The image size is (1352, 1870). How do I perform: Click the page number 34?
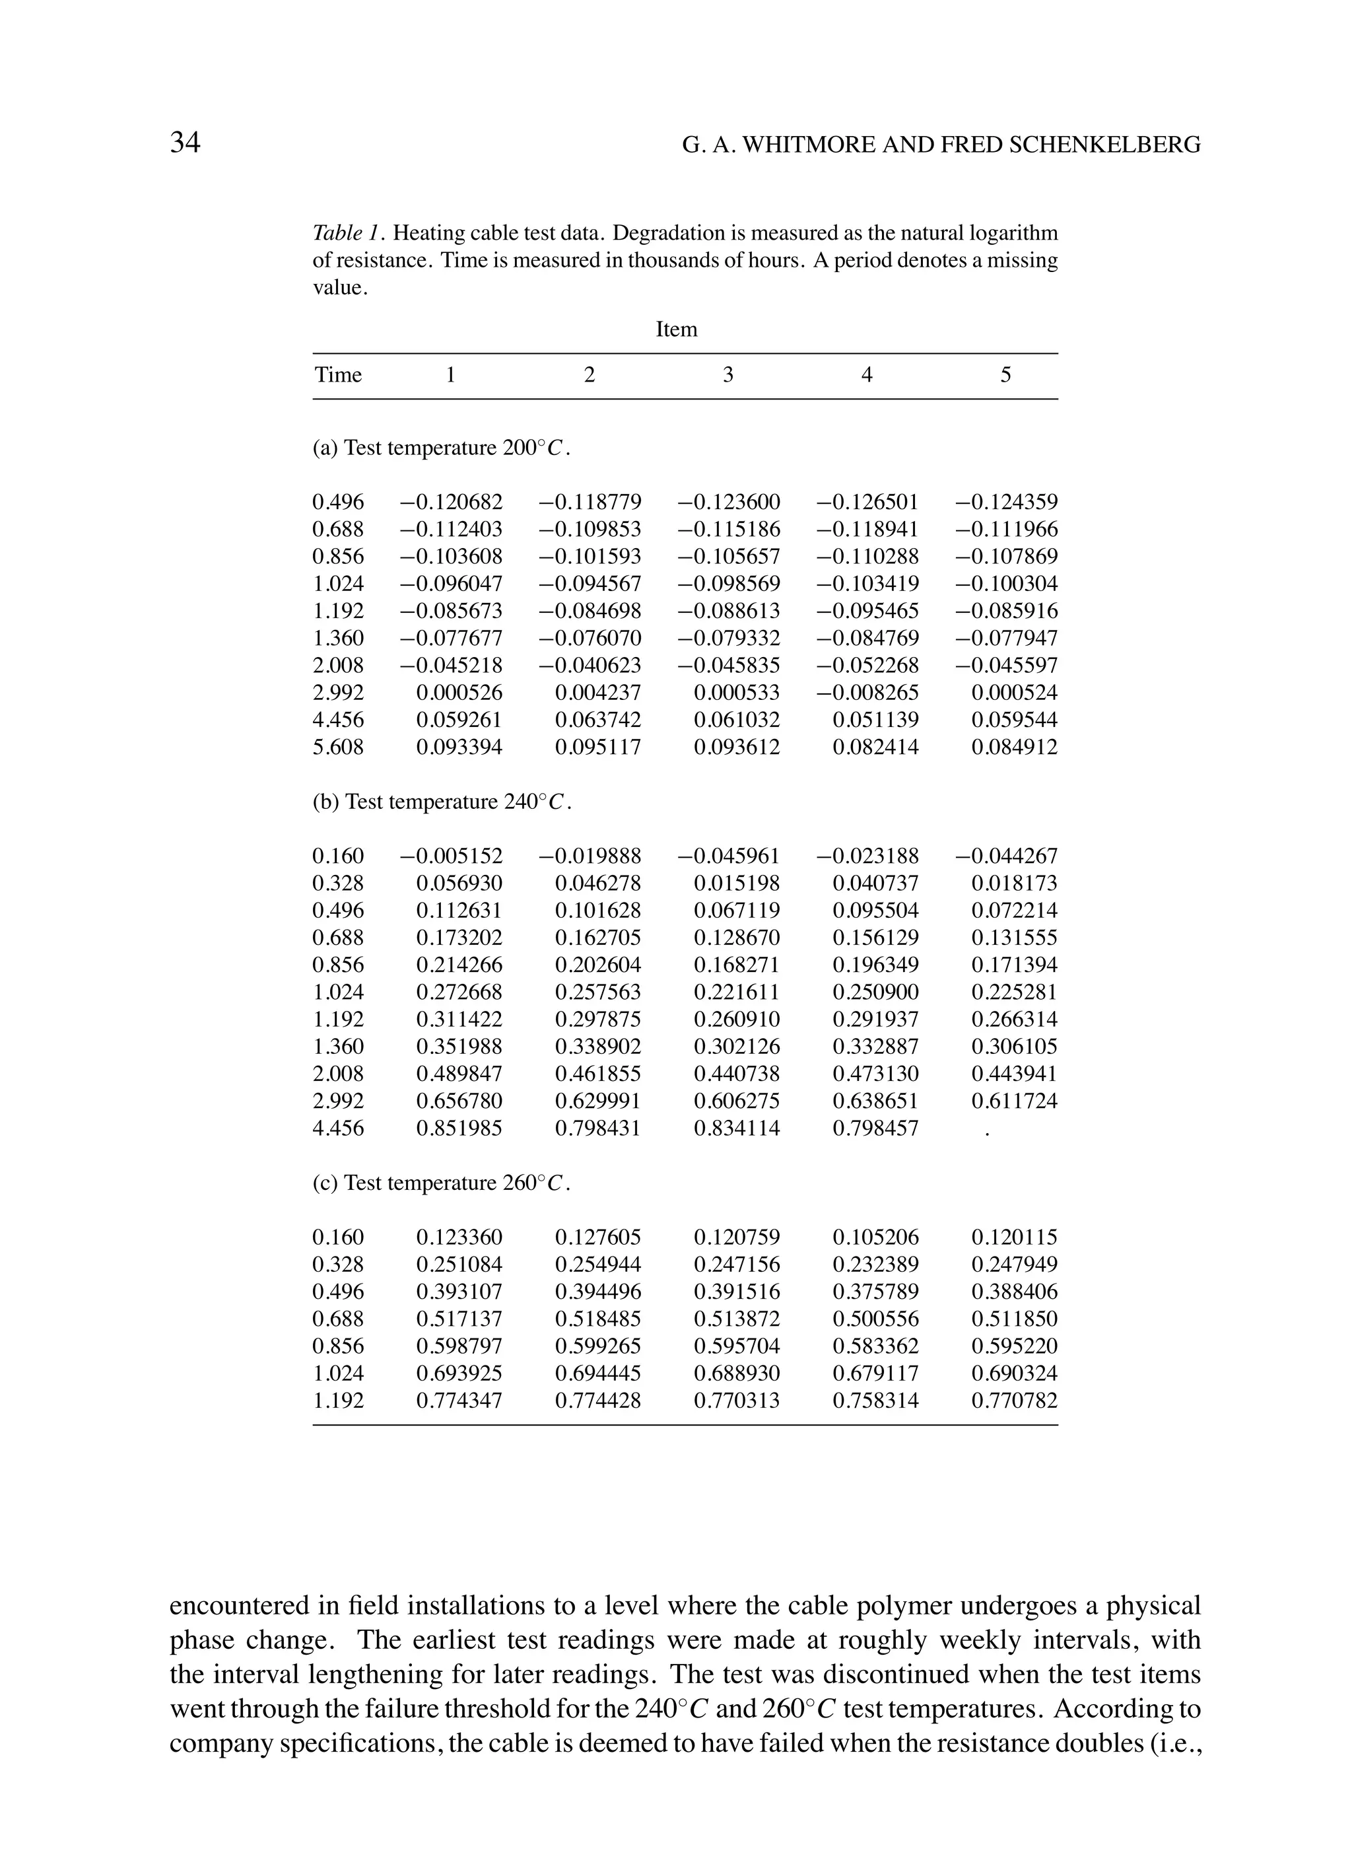point(185,143)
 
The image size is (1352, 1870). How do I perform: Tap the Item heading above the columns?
point(676,329)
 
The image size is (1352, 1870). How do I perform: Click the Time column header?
point(338,375)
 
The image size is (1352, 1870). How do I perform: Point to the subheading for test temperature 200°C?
point(442,448)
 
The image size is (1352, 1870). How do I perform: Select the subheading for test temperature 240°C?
point(442,802)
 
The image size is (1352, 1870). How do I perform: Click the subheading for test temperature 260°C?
point(442,1183)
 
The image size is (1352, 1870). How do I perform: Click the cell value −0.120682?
point(451,502)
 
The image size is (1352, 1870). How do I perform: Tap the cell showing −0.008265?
point(867,693)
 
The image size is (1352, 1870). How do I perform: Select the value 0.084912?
point(1014,747)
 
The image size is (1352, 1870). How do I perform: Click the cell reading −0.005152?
point(451,856)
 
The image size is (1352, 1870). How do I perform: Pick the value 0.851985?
point(459,1128)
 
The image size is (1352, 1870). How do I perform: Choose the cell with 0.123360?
point(459,1237)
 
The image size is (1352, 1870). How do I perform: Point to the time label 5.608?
point(338,747)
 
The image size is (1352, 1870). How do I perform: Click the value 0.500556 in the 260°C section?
point(875,1319)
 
